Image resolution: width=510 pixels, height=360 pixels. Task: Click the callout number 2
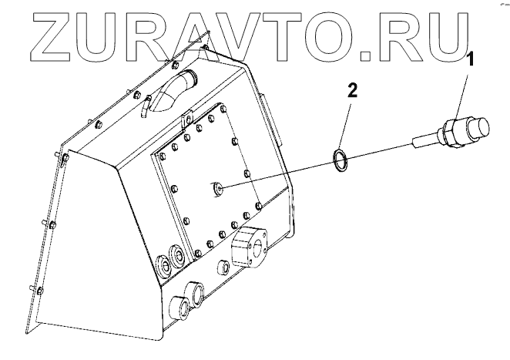tap(352, 90)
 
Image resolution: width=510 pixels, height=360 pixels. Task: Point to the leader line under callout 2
tap(346, 124)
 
